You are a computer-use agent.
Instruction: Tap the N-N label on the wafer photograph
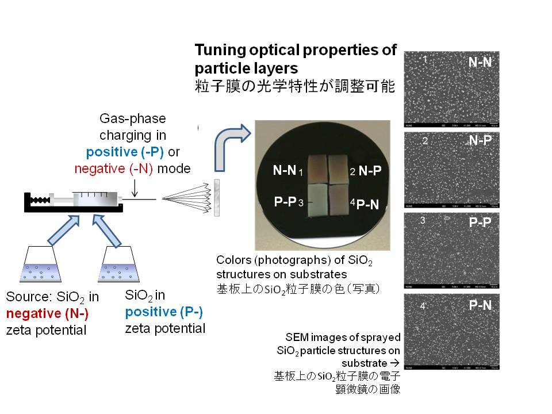point(284,170)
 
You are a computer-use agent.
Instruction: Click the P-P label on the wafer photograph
point(285,201)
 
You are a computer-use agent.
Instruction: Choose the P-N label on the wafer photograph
point(367,204)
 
